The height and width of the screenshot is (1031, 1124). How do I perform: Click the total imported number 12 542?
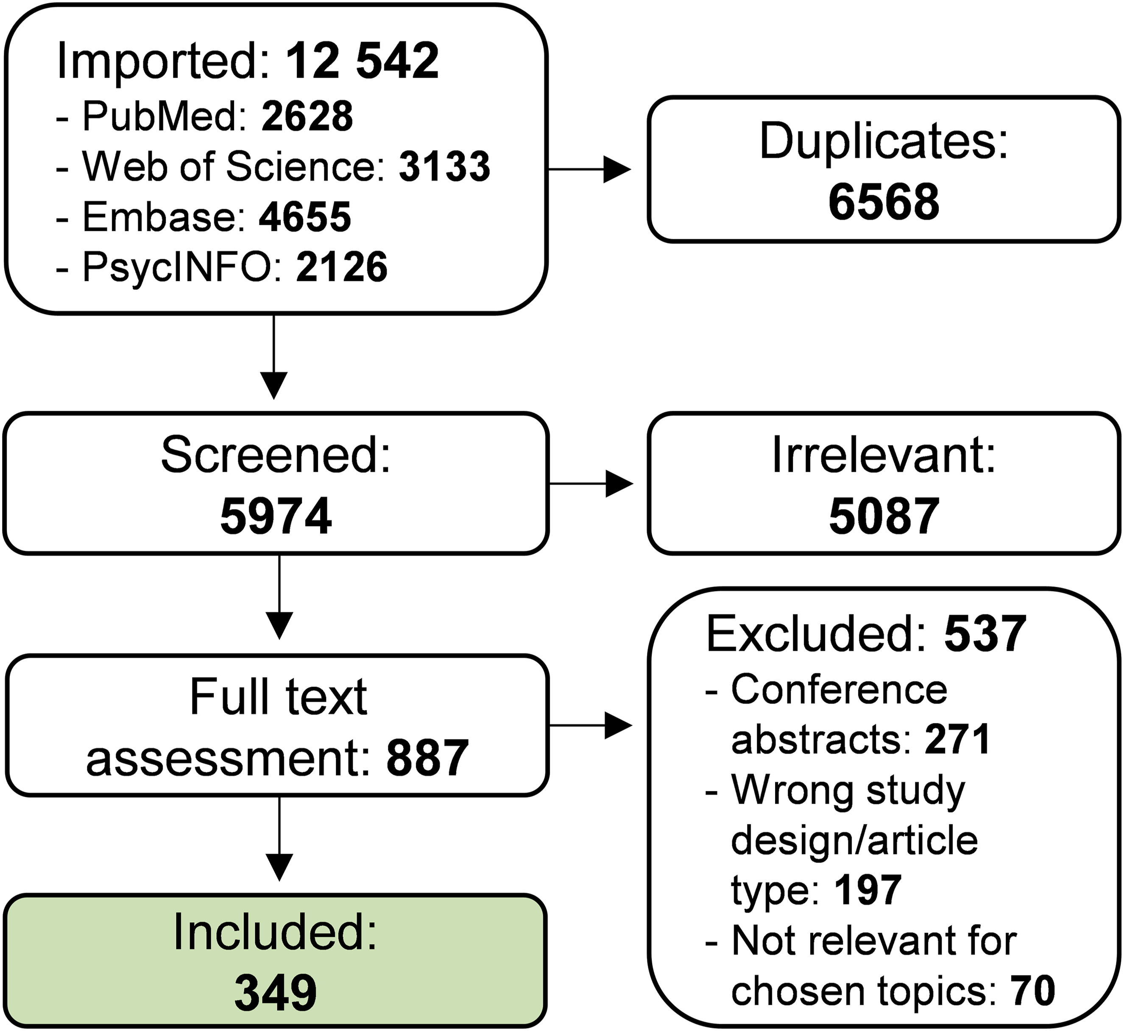pyautogui.click(x=363, y=61)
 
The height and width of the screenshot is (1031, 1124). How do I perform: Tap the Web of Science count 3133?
pyautogui.click(x=444, y=166)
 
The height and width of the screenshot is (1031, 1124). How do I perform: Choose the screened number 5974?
pyautogui.click(x=276, y=517)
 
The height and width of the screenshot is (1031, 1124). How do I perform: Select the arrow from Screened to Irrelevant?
pyautogui.click(x=591, y=483)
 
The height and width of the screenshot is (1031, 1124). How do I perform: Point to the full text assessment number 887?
pyautogui.click(x=427, y=758)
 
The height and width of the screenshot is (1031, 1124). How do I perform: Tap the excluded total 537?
pyautogui.click(x=985, y=634)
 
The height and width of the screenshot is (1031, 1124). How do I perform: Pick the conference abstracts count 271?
pyautogui.click(x=957, y=740)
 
